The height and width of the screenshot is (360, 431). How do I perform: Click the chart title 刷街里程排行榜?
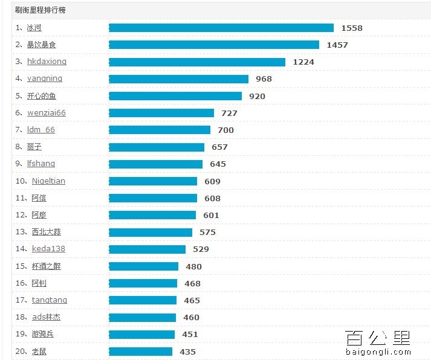point(41,10)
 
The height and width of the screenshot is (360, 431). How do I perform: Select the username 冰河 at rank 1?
point(34,28)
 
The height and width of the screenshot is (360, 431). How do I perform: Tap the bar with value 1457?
point(214,45)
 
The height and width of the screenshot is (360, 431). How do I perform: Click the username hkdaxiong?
point(47,62)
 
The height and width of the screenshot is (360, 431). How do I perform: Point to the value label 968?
point(264,79)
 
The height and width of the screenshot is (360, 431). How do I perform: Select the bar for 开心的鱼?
point(175,96)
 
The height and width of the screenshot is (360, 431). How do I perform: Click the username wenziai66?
point(47,113)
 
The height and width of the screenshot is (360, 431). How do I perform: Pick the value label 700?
point(225,130)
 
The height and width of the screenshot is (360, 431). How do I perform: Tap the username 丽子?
point(34,147)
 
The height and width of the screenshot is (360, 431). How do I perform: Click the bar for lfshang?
point(155,164)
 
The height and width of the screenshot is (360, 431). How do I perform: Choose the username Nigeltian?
point(48,181)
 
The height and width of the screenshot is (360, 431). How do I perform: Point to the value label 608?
point(212,198)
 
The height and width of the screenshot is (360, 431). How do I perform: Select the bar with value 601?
point(152,215)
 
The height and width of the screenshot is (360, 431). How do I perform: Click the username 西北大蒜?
point(47,232)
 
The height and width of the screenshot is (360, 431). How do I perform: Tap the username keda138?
point(48,249)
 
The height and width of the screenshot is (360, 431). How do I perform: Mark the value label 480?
point(193,266)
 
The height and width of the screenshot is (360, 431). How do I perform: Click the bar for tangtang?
point(143,300)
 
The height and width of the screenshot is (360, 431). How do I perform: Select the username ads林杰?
point(47,317)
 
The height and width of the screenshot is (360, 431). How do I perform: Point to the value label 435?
point(187,352)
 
